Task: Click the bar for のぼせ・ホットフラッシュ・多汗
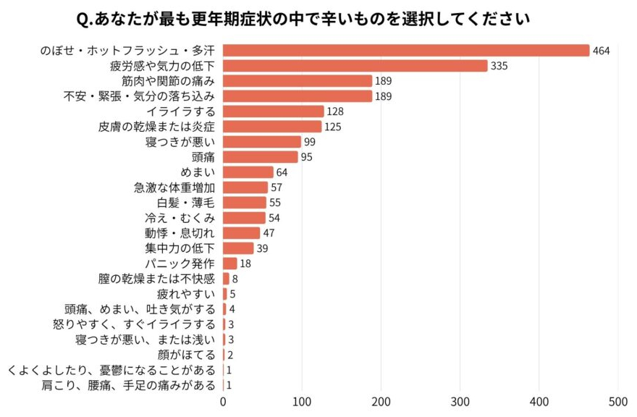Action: [406, 51]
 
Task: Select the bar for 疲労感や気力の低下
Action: [355, 66]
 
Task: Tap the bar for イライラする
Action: [273, 111]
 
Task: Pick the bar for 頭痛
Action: [260, 157]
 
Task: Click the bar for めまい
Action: [248, 172]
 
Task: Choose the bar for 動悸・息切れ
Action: [241, 233]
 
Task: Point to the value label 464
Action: [602, 51]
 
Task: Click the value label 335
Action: [499, 66]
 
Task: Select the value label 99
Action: [311, 142]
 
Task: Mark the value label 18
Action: [245, 264]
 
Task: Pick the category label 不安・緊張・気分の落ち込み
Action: [140, 96]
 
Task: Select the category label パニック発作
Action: [180, 264]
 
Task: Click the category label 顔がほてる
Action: [186, 355]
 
